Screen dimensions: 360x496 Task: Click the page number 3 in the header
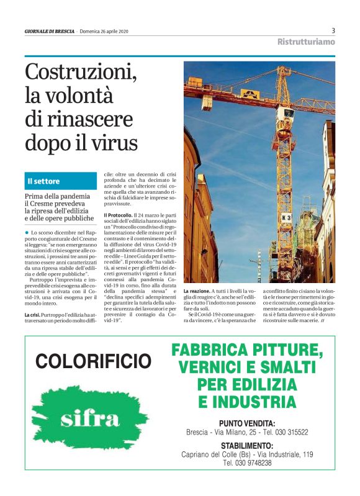click(x=333, y=30)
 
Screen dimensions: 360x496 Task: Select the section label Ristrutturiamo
click(x=306, y=42)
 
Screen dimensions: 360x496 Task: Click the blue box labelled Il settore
click(x=60, y=181)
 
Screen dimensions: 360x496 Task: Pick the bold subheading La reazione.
click(x=197, y=291)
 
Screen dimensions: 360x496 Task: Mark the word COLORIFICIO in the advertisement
click(x=93, y=361)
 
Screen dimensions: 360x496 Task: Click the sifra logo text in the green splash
click(x=91, y=419)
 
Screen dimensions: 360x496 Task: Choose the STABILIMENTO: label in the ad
click(x=247, y=446)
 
